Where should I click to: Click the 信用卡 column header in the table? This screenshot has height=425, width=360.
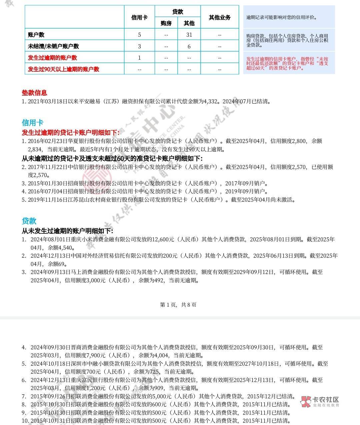click(x=139, y=17)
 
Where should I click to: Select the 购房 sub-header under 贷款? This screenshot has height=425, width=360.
click(x=166, y=23)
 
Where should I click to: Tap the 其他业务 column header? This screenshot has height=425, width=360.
click(x=219, y=17)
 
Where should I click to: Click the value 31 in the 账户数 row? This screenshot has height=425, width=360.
click(x=189, y=35)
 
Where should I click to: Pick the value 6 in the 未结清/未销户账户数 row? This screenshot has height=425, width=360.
click(x=189, y=46)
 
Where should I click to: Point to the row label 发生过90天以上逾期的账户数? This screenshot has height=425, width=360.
click(x=64, y=69)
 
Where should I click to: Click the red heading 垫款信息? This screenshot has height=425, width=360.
click(x=34, y=93)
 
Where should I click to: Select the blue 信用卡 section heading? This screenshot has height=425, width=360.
click(x=33, y=123)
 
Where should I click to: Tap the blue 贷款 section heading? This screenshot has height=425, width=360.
click(x=29, y=221)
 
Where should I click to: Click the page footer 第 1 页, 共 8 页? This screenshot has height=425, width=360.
click(x=178, y=305)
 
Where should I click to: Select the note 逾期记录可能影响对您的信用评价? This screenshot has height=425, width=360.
click(x=282, y=17)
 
